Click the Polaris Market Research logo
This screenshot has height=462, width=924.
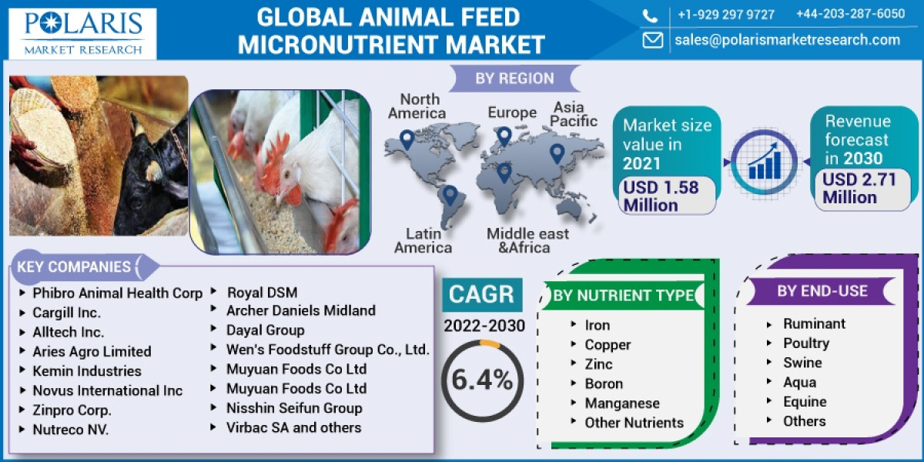click(83, 32)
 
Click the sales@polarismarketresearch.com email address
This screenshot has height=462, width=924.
click(787, 40)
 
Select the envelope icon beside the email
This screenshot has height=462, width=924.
click(652, 40)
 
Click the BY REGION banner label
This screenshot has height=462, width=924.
click(514, 79)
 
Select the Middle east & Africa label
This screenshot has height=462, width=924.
click(527, 240)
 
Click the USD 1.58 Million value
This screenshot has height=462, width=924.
click(661, 196)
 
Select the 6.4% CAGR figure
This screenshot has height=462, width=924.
click(482, 379)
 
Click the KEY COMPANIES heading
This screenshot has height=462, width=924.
click(74, 267)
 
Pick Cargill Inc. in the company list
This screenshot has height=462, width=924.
click(66, 313)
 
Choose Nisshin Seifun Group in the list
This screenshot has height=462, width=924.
click(293, 408)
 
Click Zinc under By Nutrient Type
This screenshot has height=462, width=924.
click(598, 364)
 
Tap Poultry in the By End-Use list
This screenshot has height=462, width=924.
click(805, 343)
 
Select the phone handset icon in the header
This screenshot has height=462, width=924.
click(651, 15)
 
